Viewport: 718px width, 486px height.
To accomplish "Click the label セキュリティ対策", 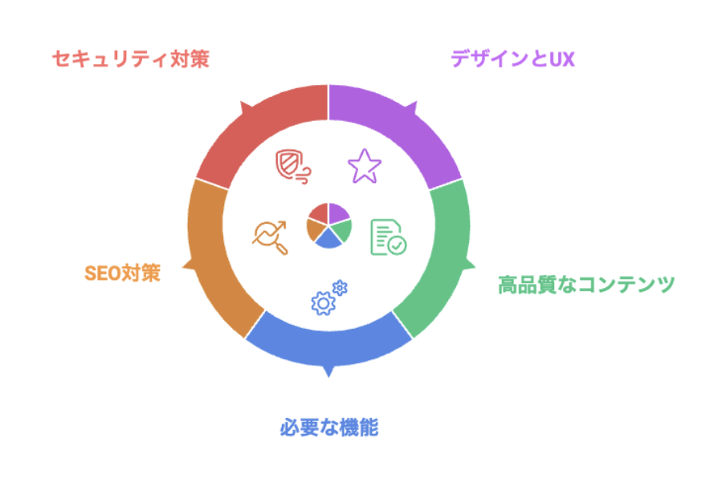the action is [x=130, y=59].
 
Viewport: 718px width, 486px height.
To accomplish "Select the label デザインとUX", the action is [x=512, y=59].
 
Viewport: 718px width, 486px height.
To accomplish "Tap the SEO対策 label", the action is [x=122, y=273].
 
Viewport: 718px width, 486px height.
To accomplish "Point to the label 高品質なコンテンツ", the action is [x=586, y=285].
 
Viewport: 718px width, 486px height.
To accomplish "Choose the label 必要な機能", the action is [x=328, y=427].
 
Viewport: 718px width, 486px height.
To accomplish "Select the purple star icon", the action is [x=365, y=166].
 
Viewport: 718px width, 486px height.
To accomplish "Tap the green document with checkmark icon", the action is [x=388, y=237].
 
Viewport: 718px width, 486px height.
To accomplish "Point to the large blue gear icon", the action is [x=324, y=303].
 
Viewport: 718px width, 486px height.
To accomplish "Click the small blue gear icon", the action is [x=340, y=288].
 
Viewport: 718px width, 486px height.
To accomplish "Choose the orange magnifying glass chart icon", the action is [x=270, y=237].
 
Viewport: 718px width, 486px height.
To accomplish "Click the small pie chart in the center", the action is [x=328, y=225].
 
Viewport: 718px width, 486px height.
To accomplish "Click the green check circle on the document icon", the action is [x=397, y=245].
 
